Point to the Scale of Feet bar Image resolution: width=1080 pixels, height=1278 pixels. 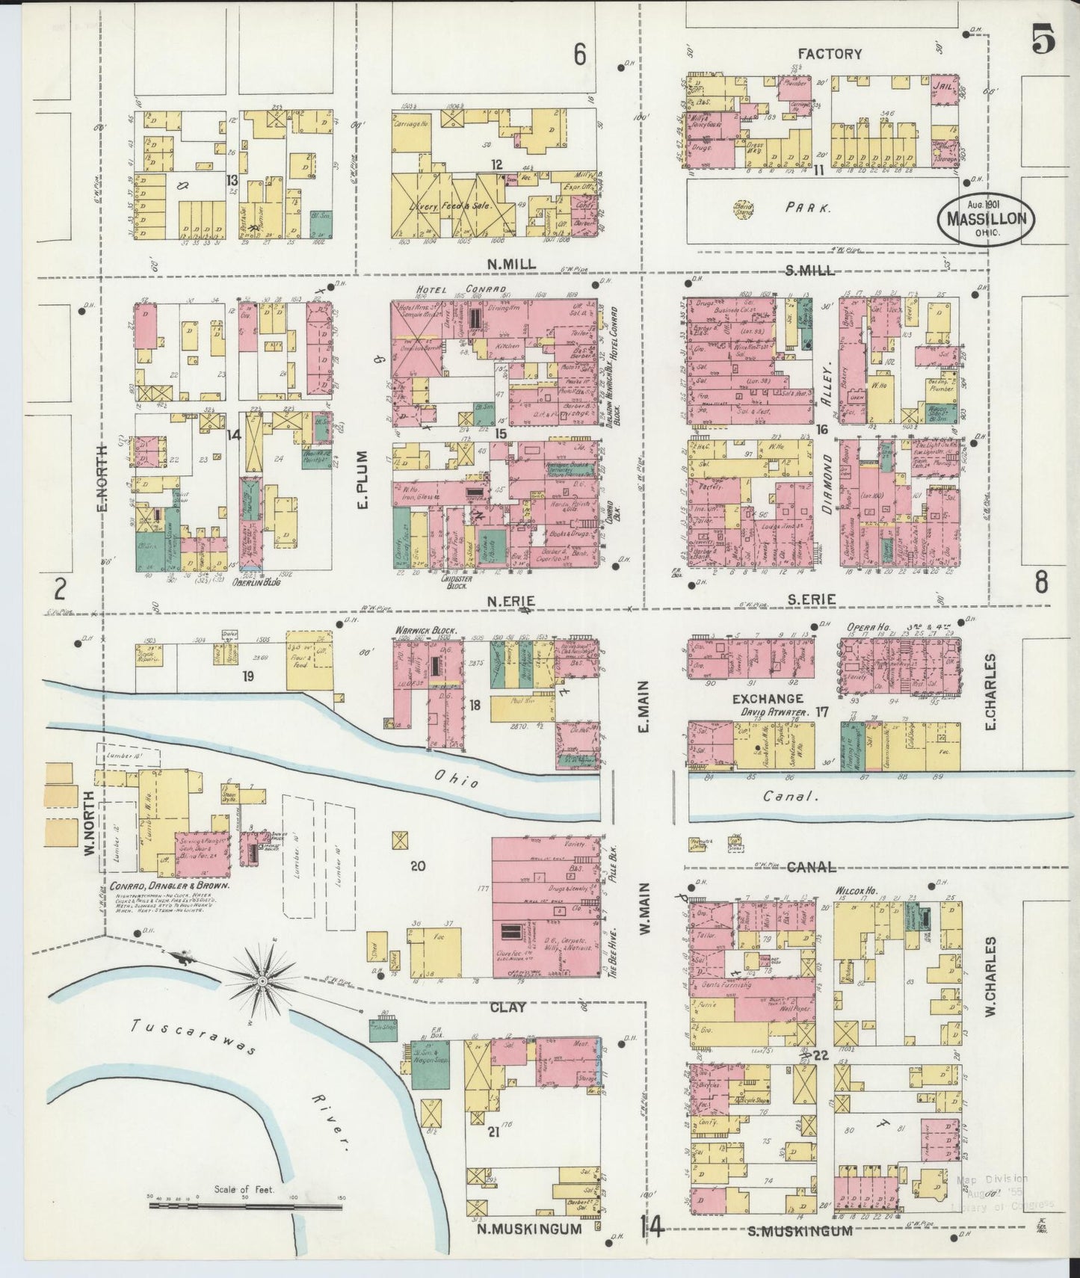point(245,1205)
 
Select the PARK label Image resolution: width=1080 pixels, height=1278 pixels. point(808,209)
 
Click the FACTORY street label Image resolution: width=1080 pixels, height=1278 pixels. point(830,54)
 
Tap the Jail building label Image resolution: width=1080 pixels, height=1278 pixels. point(942,87)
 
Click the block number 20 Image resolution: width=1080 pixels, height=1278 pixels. point(417,866)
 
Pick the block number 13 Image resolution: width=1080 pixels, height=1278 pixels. point(232,179)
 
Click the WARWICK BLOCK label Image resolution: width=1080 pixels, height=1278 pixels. point(425,629)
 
